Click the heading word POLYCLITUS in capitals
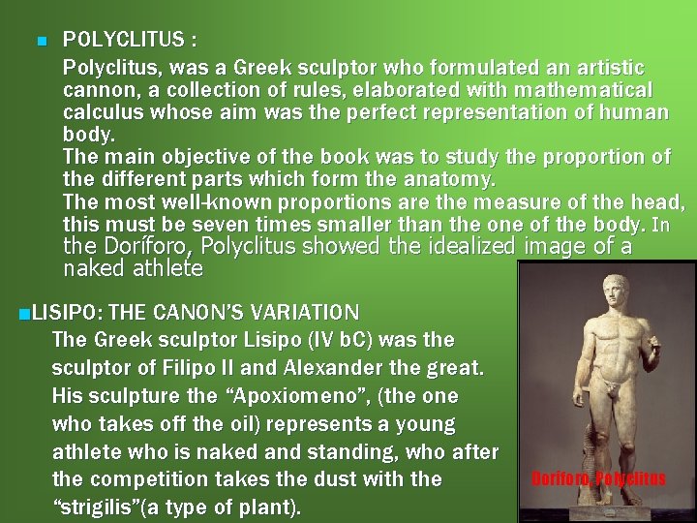[x=122, y=41]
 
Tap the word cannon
[x=91, y=90]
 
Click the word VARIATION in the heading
[x=304, y=313]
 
